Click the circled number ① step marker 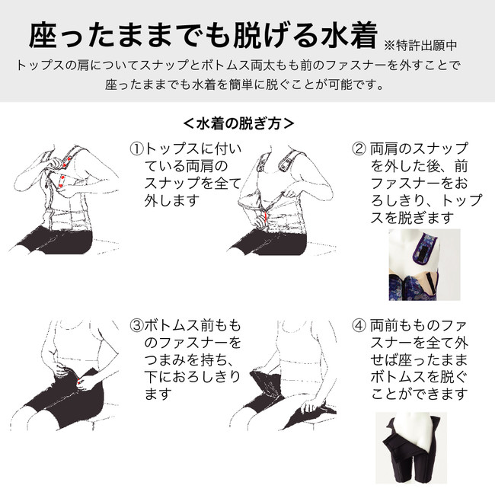click(x=136, y=148)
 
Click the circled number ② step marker click(x=359, y=148)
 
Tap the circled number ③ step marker click(x=136, y=325)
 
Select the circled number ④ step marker click(x=359, y=325)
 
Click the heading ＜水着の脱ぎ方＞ click(x=238, y=123)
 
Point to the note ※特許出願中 click(x=420, y=46)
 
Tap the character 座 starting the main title click(x=43, y=35)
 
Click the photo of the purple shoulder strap click(x=424, y=264)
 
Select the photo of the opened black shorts click(x=411, y=448)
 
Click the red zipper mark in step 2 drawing click(x=266, y=216)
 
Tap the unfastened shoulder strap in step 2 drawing click(x=287, y=160)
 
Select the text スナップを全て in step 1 click(x=193, y=184)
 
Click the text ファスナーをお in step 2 click(x=419, y=184)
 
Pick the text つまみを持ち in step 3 click(x=186, y=359)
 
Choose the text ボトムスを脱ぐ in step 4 click(x=419, y=377)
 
